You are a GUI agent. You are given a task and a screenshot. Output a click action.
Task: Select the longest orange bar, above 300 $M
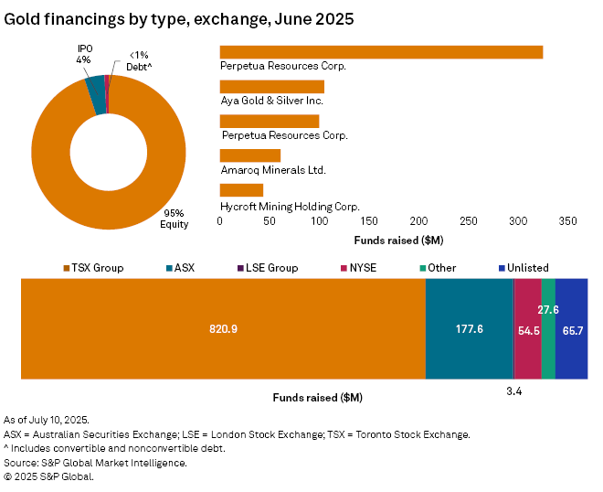pos(381,52)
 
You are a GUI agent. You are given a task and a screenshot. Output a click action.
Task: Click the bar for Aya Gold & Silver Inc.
pos(272,87)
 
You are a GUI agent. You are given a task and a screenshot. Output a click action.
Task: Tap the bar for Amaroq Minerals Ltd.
pos(250,155)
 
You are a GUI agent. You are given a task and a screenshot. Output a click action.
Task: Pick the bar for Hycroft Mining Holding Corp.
pos(241,190)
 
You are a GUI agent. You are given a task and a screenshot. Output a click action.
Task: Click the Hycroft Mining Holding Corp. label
pos(290,207)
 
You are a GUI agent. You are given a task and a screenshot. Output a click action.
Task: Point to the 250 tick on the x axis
pos(469,221)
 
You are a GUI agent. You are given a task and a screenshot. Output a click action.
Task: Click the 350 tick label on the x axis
pos(567,221)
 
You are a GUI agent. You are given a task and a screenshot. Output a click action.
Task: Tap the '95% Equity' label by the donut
pos(174,219)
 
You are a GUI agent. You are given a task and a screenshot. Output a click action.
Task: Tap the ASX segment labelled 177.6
pos(469,328)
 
